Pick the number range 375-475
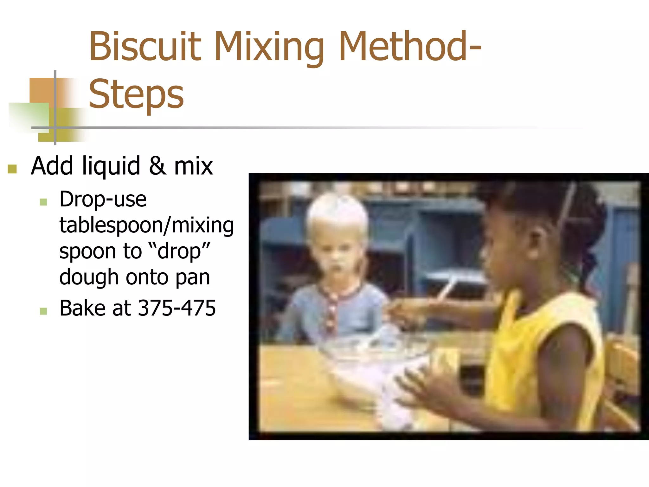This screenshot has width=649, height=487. click(177, 308)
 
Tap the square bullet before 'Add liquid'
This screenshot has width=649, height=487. click(12, 169)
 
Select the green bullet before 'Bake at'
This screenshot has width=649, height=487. click(43, 311)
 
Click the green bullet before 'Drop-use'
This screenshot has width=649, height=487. click(43, 202)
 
